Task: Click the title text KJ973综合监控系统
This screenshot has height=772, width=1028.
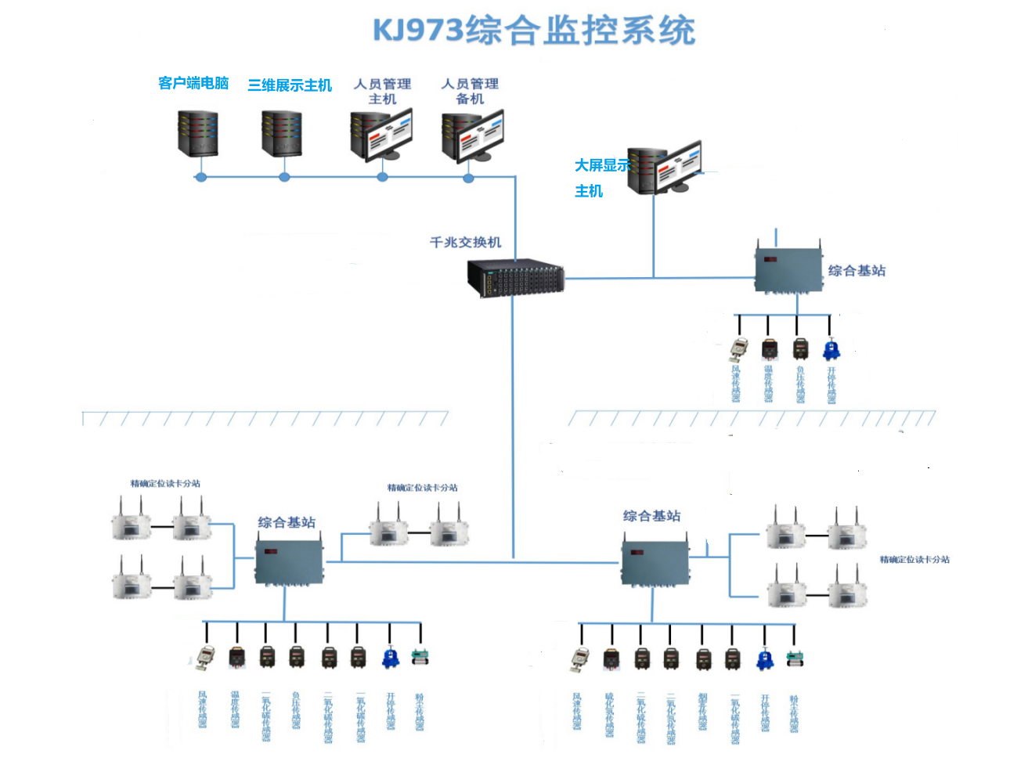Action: point(534,31)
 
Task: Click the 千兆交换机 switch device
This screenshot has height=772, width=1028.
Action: point(515,277)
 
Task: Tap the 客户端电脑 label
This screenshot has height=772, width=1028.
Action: point(193,83)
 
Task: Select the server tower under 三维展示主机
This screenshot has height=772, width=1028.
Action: point(282,134)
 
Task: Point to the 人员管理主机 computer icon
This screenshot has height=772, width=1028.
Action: point(381,135)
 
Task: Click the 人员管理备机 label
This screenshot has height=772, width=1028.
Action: point(470,91)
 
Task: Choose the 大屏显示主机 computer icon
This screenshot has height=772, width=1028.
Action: point(665,168)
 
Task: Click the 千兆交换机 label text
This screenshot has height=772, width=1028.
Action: point(465,242)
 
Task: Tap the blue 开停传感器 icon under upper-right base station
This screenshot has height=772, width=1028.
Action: point(831,348)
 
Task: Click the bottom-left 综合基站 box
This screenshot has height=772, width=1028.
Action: point(288,561)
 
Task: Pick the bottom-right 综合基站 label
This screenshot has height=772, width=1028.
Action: point(651,516)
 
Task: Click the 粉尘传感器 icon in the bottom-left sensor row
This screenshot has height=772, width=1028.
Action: point(420,656)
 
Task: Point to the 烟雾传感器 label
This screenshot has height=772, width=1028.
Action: point(702,712)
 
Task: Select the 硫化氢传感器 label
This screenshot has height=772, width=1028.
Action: point(610,714)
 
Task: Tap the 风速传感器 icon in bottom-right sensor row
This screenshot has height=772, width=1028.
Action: point(580,659)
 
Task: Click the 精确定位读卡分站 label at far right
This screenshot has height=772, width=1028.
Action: point(914,560)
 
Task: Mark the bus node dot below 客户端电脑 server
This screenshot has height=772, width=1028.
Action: point(201,177)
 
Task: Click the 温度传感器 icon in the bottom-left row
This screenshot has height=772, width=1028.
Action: point(236,656)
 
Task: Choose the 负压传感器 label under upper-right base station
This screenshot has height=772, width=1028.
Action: point(800,384)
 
